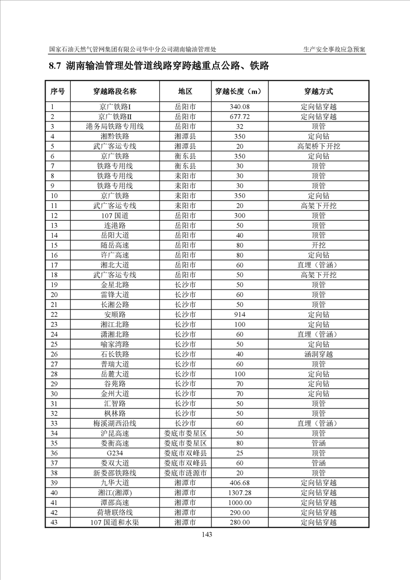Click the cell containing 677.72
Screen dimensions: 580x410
(x=239, y=117)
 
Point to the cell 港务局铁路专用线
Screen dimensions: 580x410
(x=115, y=127)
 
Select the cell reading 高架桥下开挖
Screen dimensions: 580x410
(x=318, y=146)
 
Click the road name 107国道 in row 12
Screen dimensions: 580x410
(x=115, y=215)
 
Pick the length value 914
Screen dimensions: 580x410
(x=239, y=314)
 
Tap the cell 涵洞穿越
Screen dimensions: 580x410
(x=318, y=354)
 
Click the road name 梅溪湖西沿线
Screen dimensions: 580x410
(x=115, y=423)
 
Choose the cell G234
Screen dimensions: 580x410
(x=115, y=453)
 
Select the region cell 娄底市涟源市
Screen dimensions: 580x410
(x=185, y=473)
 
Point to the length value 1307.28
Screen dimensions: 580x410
(x=239, y=493)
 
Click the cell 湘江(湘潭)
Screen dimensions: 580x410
(x=115, y=493)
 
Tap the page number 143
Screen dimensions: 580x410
(x=207, y=535)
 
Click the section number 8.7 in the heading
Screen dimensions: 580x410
(x=55, y=66)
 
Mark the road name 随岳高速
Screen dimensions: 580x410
(x=115, y=245)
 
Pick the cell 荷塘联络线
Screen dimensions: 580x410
(x=115, y=512)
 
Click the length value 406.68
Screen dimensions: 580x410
(x=239, y=483)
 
